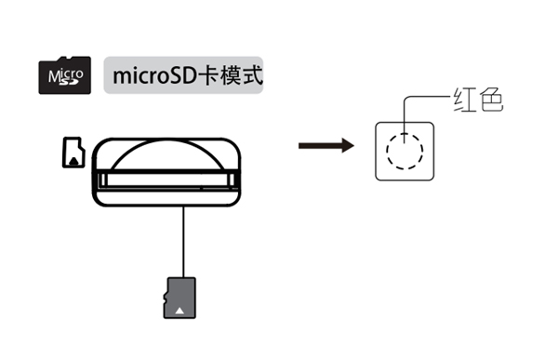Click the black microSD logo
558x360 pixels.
pyautogui.click(x=63, y=74)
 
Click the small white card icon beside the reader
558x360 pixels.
pyautogui.click(x=73, y=153)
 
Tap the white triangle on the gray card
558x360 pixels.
pyautogui.click(x=179, y=307)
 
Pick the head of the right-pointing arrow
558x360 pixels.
pyautogui.click(x=347, y=146)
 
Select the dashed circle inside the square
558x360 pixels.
pyautogui.click(x=405, y=149)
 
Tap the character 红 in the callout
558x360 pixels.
pyautogui.click(x=462, y=100)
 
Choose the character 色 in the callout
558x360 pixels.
pyautogui.click(x=489, y=100)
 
